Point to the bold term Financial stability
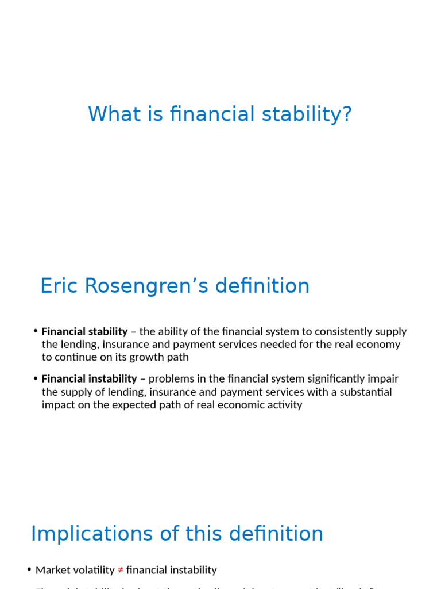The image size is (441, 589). click(85, 332)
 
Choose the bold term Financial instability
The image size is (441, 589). click(90, 379)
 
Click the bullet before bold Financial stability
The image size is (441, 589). click(36, 331)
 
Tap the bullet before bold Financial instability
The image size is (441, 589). click(36, 378)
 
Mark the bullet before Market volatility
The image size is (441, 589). click(29, 569)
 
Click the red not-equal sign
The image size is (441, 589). click(121, 570)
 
